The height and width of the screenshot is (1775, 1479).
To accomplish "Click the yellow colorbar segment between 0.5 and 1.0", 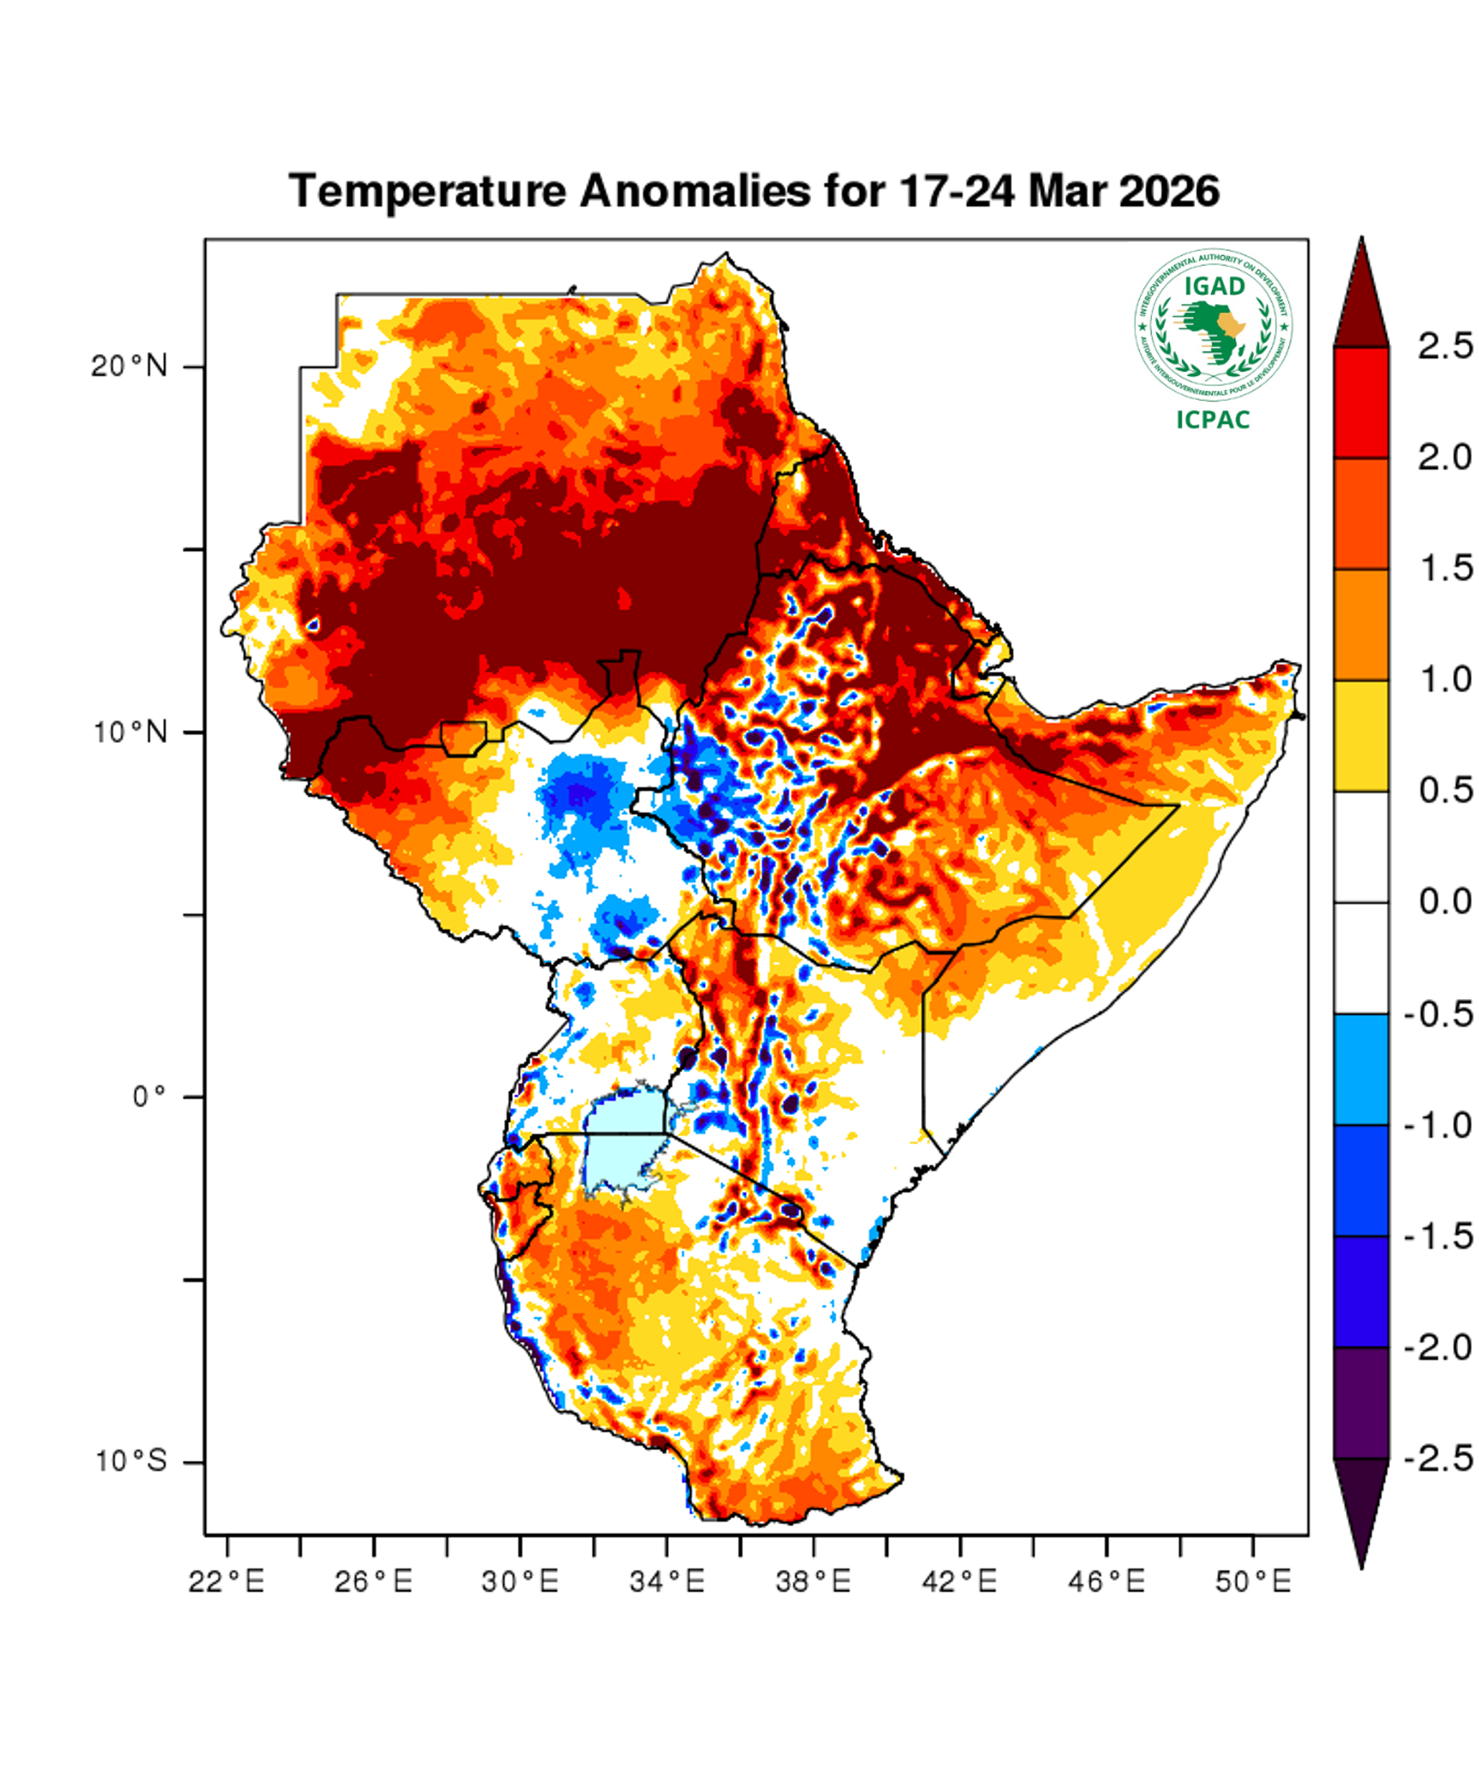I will pyautogui.click(x=1361, y=735).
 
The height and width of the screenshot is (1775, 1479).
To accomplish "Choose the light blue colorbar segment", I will pyautogui.click(x=1361, y=1069).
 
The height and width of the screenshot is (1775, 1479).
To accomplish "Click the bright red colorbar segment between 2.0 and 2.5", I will pyautogui.click(x=1361, y=402).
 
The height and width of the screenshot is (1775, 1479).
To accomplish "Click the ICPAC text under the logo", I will pyautogui.click(x=1213, y=420).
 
